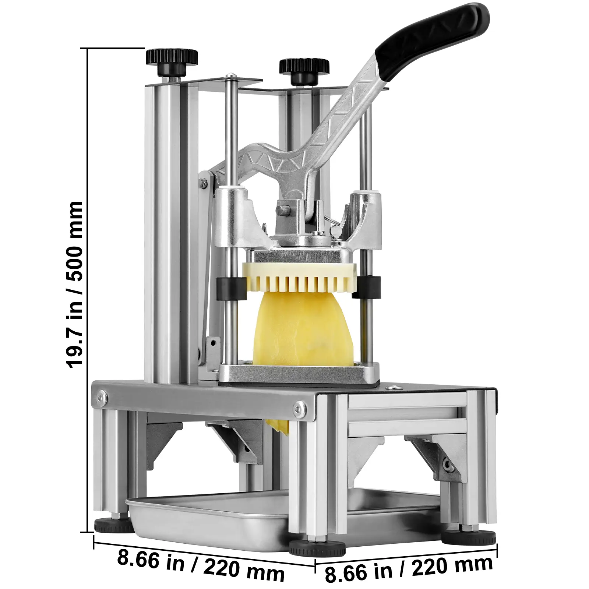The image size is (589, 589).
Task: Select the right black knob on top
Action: point(304,70)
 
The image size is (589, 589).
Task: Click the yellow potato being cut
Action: point(303,329)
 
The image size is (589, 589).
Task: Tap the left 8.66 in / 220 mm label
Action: point(201,567)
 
